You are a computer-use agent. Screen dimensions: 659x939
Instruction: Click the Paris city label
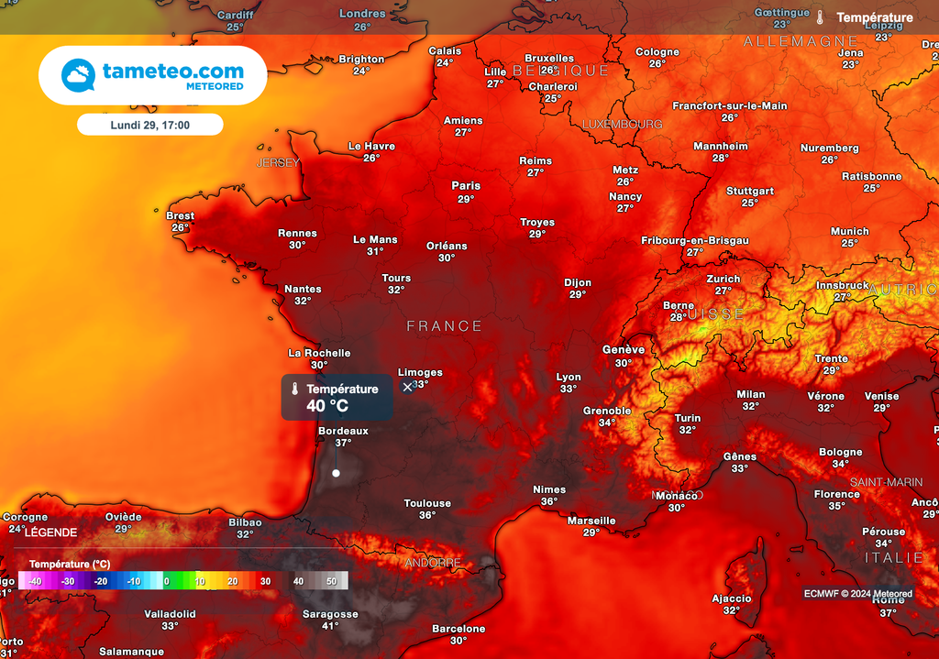pos(466,186)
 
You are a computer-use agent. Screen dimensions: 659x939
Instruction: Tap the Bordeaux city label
pos(343,431)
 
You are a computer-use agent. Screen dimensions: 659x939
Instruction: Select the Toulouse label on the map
pos(427,503)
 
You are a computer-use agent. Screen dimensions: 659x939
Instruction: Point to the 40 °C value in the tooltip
pos(327,406)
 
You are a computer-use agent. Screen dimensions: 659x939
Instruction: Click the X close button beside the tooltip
pos(408,387)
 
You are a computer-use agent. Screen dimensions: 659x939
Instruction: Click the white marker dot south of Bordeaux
pos(336,473)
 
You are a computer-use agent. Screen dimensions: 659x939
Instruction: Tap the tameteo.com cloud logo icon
pos(78,75)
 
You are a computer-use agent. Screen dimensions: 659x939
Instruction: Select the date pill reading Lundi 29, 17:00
pos(149,124)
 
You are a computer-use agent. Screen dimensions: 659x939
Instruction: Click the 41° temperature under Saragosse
pos(330,626)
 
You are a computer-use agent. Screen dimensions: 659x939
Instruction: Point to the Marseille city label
pos(591,521)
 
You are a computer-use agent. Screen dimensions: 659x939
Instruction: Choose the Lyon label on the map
pos(569,377)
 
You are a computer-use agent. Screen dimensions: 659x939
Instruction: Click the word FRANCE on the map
pos(445,326)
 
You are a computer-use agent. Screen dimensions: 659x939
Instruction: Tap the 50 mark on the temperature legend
pos(331,581)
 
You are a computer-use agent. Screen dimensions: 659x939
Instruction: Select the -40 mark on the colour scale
pos(35,581)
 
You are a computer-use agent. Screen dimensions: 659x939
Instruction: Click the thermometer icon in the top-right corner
pos(820,17)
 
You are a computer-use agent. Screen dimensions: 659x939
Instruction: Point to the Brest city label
pos(180,216)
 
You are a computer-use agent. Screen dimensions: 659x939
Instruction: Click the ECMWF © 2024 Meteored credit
pos(857,594)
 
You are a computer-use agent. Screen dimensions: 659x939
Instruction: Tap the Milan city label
pos(750,395)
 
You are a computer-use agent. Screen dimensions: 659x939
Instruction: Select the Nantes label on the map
pos(303,289)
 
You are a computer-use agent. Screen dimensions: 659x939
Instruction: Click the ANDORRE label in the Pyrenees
pos(433,563)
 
